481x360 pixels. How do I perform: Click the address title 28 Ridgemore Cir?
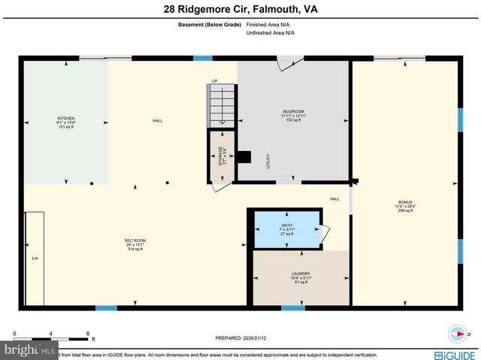[x=240, y=10]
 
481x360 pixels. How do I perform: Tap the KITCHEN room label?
[x=66, y=123]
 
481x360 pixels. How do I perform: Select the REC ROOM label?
[x=135, y=244]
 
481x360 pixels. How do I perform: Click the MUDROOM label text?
[x=293, y=116]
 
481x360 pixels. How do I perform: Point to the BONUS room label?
[x=405, y=206]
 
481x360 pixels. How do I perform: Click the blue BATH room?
[x=286, y=228]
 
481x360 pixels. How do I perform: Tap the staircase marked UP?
[x=217, y=105]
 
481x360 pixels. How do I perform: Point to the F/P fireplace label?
[x=35, y=259]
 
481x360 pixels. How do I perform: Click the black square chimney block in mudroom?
[x=244, y=157]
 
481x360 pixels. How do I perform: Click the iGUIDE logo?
[x=455, y=354]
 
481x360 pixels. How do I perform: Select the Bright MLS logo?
[x=30, y=350]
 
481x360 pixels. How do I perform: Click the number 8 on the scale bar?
[x=88, y=333]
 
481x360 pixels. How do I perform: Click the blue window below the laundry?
[x=292, y=307]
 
